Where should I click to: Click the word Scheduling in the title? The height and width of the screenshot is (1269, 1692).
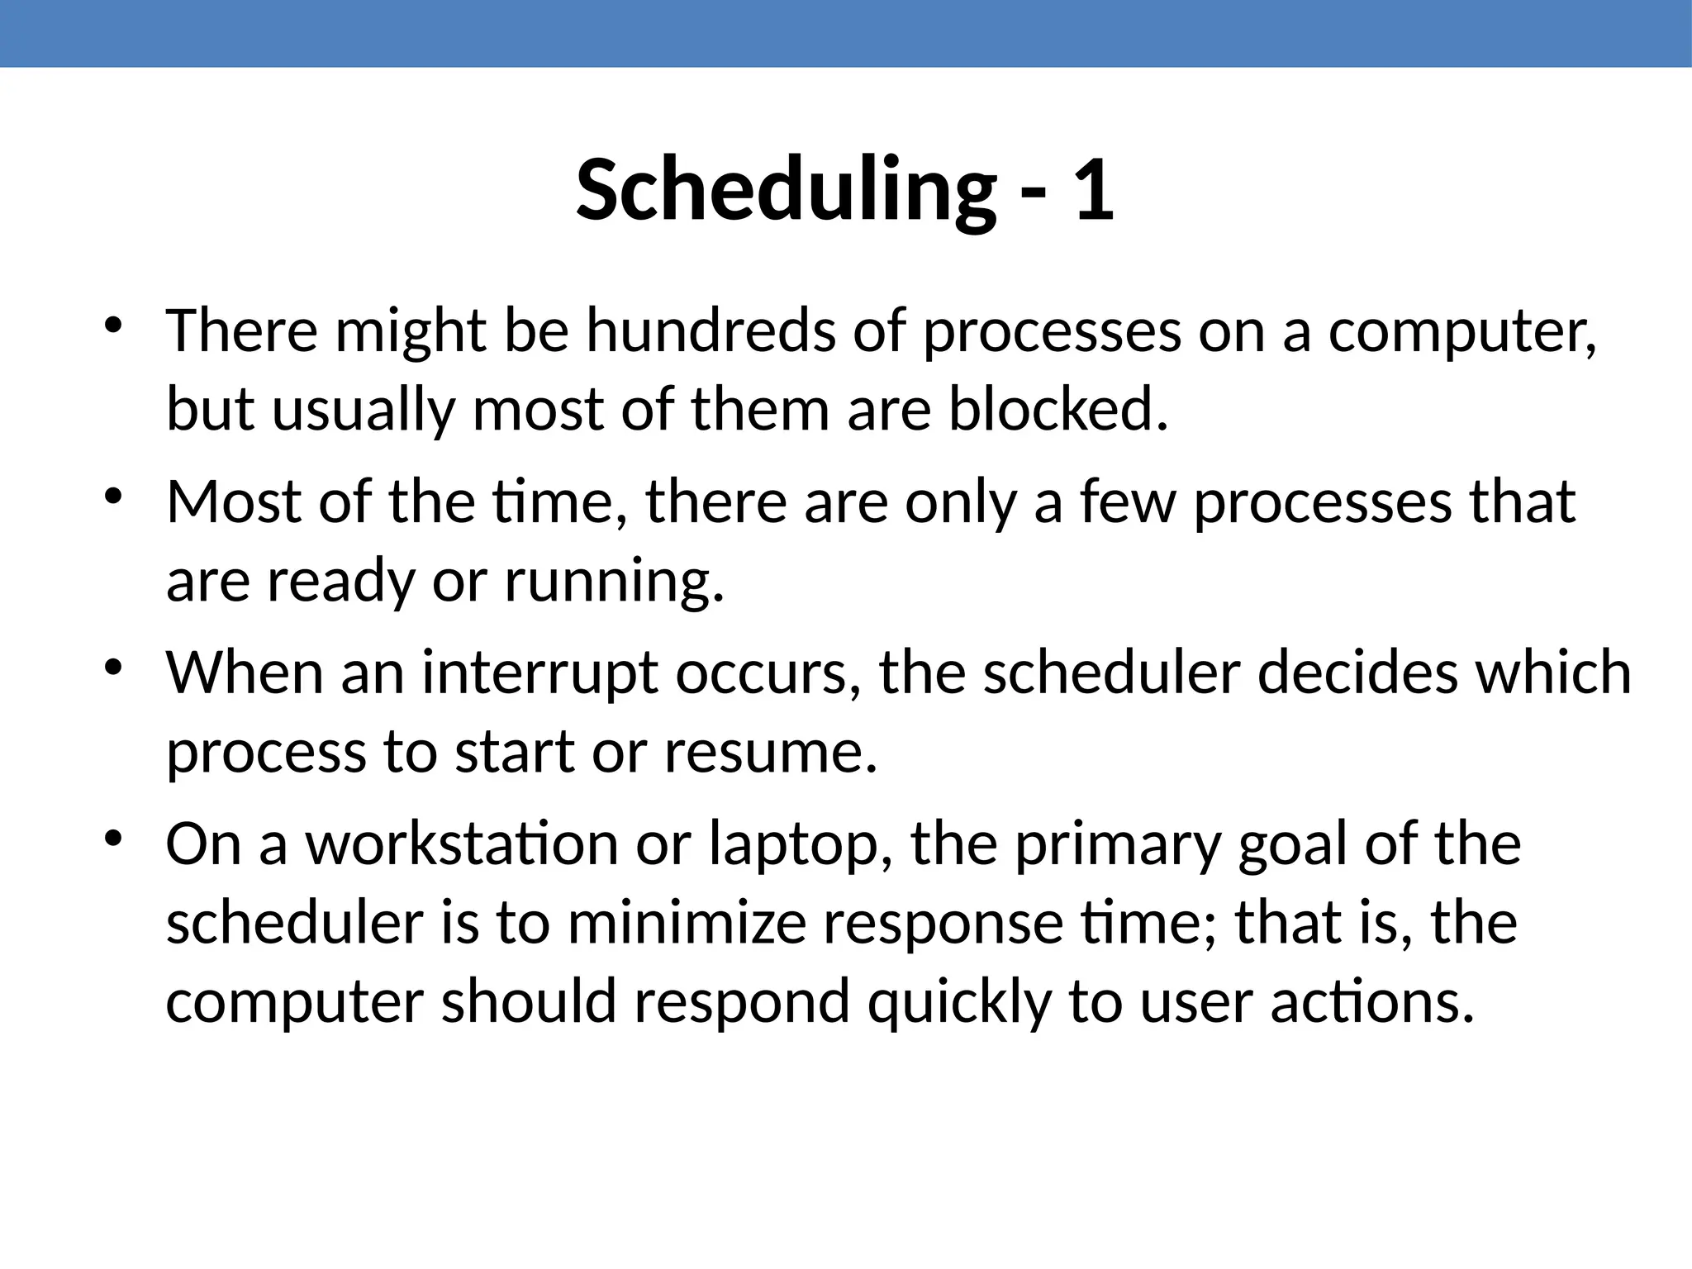pos(786,192)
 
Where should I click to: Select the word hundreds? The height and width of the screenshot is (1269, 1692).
pos(711,330)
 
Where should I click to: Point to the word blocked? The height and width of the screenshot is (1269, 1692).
pos(1058,410)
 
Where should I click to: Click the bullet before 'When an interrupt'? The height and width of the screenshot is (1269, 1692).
pos(113,666)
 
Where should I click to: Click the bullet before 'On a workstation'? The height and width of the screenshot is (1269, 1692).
pos(113,838)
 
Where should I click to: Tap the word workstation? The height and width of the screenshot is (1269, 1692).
pos(462,845)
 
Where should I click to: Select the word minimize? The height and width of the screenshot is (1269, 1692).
pos(687,924)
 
